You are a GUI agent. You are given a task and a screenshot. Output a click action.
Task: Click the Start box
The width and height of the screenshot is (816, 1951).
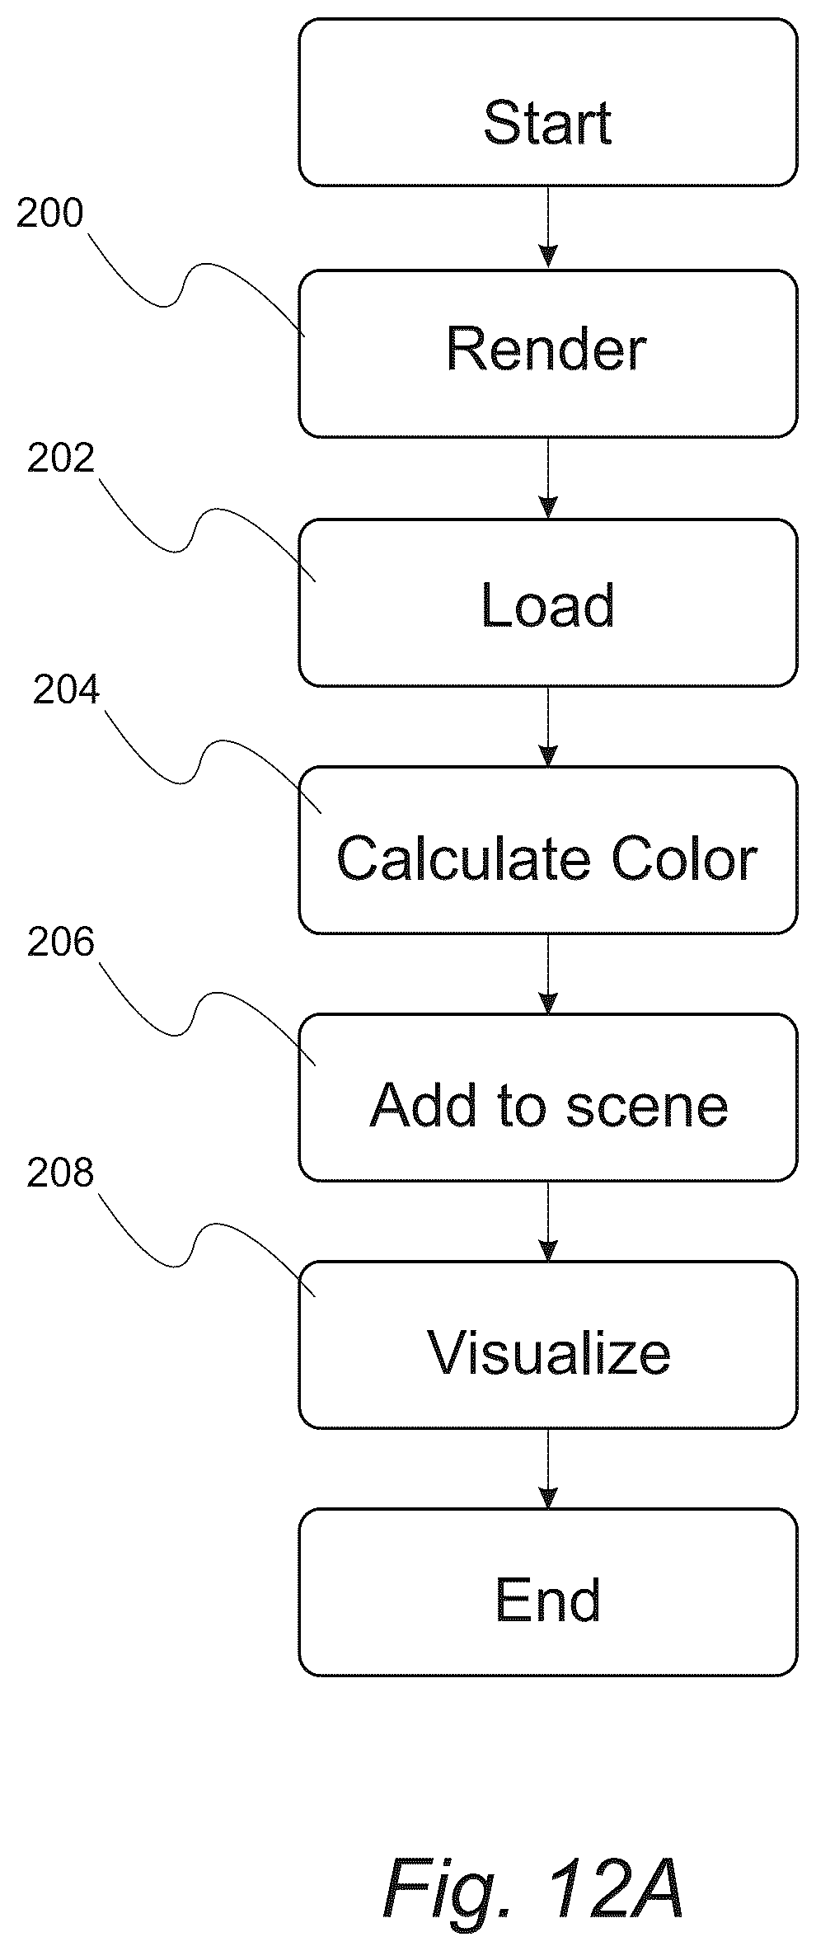[x=547, y=102]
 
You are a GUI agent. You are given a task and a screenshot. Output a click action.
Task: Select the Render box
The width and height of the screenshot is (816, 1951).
[x=547, y=353]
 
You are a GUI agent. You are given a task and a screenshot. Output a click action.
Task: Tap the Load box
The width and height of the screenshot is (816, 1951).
[x=547, y=602]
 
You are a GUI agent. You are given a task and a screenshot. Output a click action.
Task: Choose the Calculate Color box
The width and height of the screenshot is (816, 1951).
[x=547, y=850]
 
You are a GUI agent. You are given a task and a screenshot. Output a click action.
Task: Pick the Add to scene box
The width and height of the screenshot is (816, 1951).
[x=547, y=1098]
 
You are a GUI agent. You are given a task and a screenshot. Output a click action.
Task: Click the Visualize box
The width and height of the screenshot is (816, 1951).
[x=547, y=1345]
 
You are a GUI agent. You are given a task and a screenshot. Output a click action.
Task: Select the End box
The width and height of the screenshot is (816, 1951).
[x=547, y=1593]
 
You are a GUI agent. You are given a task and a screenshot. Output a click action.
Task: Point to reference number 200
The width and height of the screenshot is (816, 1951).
[x=50, y=214]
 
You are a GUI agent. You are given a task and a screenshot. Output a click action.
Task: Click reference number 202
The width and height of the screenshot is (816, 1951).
[x=61, y=459]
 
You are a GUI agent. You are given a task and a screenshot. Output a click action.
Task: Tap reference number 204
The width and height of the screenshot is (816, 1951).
[x=66, y=690]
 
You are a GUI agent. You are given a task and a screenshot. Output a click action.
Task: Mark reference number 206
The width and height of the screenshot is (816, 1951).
[x=61, y=943]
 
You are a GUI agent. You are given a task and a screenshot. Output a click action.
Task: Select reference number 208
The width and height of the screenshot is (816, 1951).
[x=61, y=1173]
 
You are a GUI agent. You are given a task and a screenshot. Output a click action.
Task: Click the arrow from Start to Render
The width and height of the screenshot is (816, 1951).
[x=547, y=228]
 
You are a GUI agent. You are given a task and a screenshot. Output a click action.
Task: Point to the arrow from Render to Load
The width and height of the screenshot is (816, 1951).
[x=547, y=478]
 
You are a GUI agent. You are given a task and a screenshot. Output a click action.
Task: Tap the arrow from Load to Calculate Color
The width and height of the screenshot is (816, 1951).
[x=547, y=726]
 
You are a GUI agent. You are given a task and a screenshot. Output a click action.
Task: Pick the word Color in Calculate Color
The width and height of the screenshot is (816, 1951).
[x=683, y=858]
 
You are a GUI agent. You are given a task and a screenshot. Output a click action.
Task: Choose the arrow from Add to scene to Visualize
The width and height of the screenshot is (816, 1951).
[x=547, y=1221]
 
